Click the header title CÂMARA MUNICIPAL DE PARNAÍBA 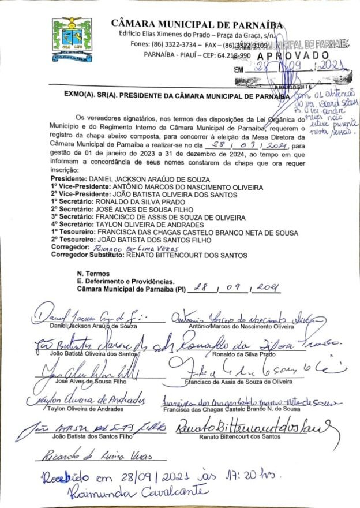coord(197,24)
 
